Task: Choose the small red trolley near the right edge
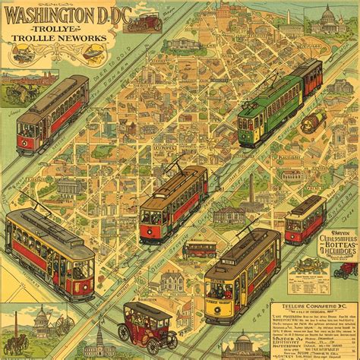pos(305,219)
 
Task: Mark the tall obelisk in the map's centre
pos(251,187)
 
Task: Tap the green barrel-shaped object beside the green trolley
pos(310,125)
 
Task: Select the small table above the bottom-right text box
pos(308,264)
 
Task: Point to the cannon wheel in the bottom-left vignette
pos(64,326)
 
